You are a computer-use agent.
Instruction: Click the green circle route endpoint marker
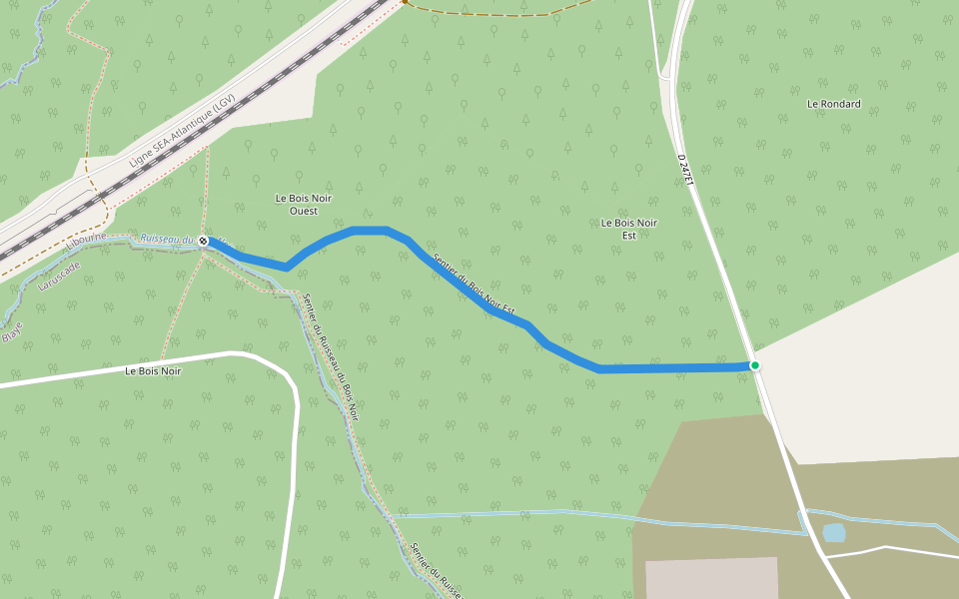pyautogui.click(x=755, y=365)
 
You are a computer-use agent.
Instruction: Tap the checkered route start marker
pyautogui.click(x=203, y=242)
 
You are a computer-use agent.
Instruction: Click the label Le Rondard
pyautogui.click(x=833, y=104)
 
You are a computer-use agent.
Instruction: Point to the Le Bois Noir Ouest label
pyautogui.click(x=304, y=205)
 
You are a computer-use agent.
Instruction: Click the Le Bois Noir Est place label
pyautogui.click(x=629, y=229)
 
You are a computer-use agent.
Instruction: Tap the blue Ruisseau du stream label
pyautogui.click(x=166, y=239)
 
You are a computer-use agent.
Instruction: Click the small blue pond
pyautogui.click(x=833, y=533)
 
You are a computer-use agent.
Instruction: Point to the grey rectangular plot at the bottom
pyautogui.click(x=711, y=578)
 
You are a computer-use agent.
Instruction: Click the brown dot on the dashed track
pyautogui.click(x=404, y=2)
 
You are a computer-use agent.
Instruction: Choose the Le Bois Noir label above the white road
pyautogui.click(x=153, y=371)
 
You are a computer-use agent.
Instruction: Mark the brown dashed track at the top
pyautogui.click(x=499, y=14)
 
